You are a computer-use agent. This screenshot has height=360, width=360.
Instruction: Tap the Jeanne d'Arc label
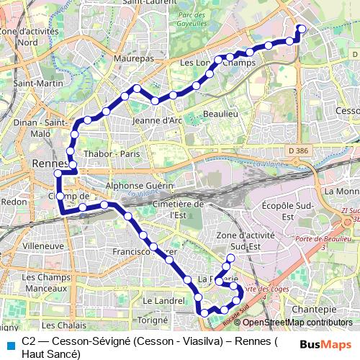(158, 120)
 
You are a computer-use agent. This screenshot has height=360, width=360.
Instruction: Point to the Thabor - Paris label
(112, 153)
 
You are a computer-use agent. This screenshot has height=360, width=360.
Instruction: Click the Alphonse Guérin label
(141, 185)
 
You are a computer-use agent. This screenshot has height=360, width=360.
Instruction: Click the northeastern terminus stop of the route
(301, 29)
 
